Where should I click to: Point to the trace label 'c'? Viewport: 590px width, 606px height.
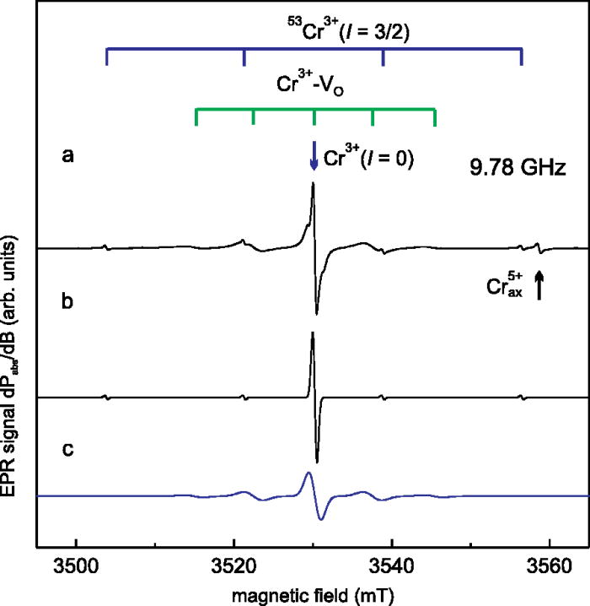pos(65,448)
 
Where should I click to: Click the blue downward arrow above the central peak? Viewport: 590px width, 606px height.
pos(314,158)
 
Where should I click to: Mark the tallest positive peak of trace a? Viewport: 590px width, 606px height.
pos(313,184)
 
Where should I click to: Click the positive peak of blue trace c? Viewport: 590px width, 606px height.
pos(308,473)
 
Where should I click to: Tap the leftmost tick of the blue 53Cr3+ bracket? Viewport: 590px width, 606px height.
pos(106,57)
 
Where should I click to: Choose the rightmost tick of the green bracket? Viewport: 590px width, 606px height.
pos(434,117)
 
